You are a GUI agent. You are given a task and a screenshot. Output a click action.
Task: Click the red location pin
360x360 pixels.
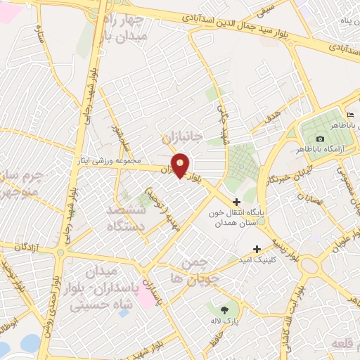pyautogui.click(x=181, y=166)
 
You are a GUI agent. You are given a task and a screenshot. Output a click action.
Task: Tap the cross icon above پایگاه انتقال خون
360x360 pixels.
pyautogui.click(x=236, y=202)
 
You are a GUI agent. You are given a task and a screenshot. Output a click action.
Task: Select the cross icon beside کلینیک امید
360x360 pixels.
pyautogui.click(x=257, y=249)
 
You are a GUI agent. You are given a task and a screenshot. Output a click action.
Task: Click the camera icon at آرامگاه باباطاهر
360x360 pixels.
pyautogui.click(x=321, y=139)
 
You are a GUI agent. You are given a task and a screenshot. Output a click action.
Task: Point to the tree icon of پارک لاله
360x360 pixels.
pyautogui.click(x=224, y=309)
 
